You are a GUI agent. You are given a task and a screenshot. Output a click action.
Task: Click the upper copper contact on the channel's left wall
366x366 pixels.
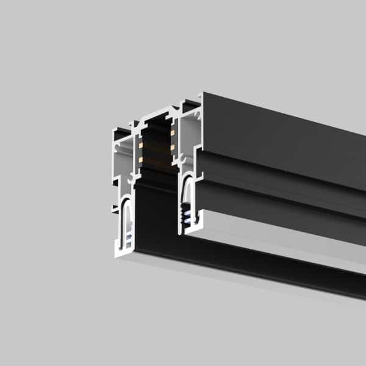click(x=141, y=145)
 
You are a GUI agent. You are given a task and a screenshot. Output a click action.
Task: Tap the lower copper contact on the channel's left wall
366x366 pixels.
click(x=141, y=160)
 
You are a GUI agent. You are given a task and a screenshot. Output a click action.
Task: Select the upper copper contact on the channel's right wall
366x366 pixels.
click(x=173, y=132)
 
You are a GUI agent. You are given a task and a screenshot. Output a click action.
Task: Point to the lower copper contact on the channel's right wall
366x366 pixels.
click(x=173, y=147)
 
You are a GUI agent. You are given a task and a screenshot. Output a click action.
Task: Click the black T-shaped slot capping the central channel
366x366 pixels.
click(x=157, y=117)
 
